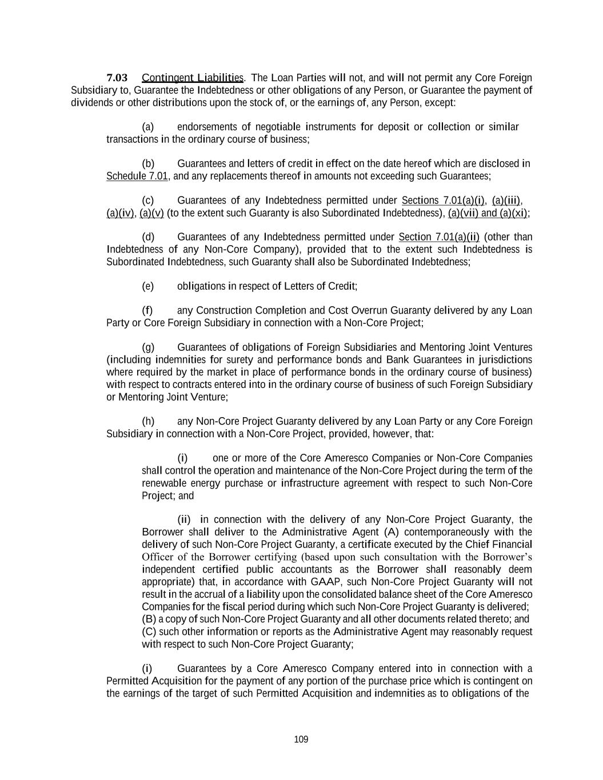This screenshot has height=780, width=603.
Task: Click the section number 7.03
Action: pos(117,78)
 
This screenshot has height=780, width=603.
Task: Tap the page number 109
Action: pos(301,739)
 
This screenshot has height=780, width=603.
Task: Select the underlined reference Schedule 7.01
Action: pos(137,176)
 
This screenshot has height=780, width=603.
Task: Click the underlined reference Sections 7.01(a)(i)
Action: pos(444,201)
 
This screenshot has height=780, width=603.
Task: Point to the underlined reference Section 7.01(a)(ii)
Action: pos(439,237)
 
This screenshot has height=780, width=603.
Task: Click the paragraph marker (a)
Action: pos(147,127)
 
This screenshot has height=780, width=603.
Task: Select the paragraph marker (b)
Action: pos(147,164)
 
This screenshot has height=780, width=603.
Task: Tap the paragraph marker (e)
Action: pos(147,286)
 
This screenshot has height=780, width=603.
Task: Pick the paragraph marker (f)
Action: pos(147,311)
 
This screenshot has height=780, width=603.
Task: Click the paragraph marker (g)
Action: pos(147,347)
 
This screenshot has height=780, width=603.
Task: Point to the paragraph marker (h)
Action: pos(147,422)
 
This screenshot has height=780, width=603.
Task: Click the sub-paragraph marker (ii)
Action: pos(183,520)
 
